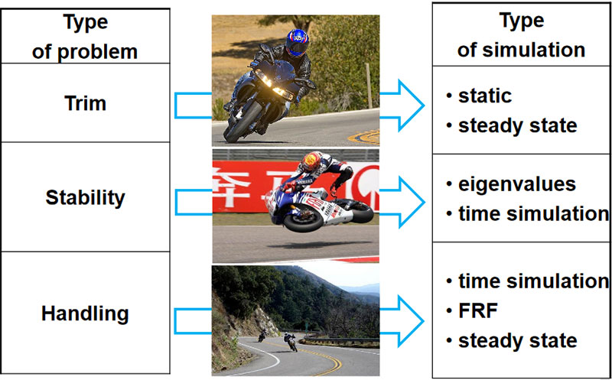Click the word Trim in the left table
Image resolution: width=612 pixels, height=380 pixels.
tap(85, 103)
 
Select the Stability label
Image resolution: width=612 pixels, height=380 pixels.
tap(85, 198)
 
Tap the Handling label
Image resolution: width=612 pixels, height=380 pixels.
tap(85, 313)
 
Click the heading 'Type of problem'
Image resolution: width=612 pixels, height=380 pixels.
tap(85, 36)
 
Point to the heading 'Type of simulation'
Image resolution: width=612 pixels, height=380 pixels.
tap(521, 36)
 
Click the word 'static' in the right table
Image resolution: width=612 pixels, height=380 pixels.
tap(485, 96)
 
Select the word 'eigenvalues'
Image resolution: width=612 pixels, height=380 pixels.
tap(517, 184)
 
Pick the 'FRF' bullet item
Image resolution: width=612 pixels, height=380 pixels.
tap(477, 310)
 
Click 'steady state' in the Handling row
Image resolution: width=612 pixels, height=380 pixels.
tap(518, 340)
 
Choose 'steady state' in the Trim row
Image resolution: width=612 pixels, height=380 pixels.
tap(518, 125)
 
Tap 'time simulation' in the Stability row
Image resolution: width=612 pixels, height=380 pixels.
tap(533, 214)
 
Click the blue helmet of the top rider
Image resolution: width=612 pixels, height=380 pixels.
tap(297, 42)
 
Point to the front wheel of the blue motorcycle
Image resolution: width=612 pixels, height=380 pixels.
tap(243, 122)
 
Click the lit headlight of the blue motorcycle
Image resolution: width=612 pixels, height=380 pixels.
tap(264, 79)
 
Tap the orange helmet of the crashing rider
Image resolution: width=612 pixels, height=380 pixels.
tap(312, 161)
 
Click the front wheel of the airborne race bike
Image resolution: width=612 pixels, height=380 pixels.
tap(303, 222)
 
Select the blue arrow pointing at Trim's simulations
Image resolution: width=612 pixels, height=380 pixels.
tap(401, 105)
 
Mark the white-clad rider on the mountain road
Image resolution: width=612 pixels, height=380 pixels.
tap(289, 341)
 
